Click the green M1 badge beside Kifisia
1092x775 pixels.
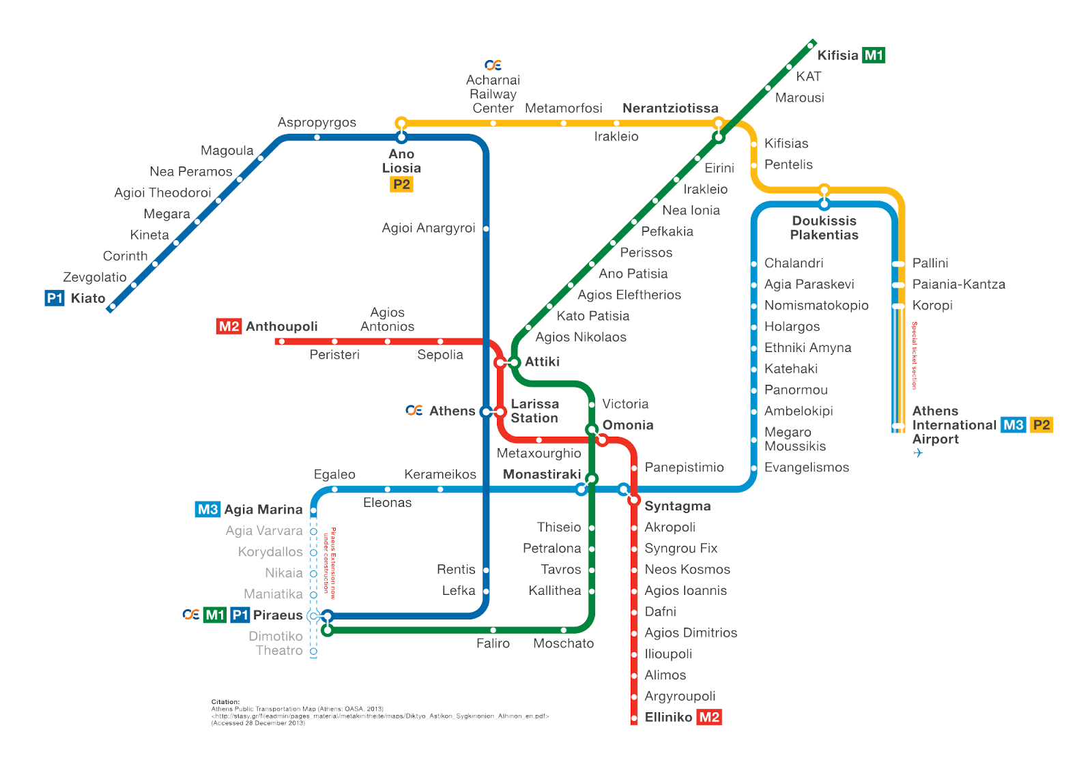click(x=874, y=55)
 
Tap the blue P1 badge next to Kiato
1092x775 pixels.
click(x=55, y=298)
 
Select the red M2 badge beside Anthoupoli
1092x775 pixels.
click(x=229, y=326)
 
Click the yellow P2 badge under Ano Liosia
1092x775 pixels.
click(x=401, y=184)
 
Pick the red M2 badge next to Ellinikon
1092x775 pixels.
click(x=709, y=717)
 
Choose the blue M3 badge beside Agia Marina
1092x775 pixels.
click(x=207, y=510)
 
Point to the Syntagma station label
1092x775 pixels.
click(x=677, y=506)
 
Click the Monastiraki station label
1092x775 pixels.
click(x=542, y=474)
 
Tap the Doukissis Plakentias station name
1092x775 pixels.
click(x=824, y=228)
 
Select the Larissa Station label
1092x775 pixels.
click(x=534, y=411)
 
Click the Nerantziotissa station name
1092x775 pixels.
click(x=670, y=108)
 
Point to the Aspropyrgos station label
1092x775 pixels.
click(x=317, y=123)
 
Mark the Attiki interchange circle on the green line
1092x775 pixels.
click(x=515, y=362)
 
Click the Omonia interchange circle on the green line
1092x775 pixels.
click(x=592, y=429)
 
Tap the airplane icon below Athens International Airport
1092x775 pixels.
click(x=918, y=453)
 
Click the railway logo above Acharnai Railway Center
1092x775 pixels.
click(x=493, y=65)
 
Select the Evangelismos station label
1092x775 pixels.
click(x=807, y=467)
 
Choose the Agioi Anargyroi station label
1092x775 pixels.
click(x=428, y=228)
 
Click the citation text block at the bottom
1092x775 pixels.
click(x=379, y=712)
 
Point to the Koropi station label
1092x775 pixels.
click(x=932, y=306)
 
